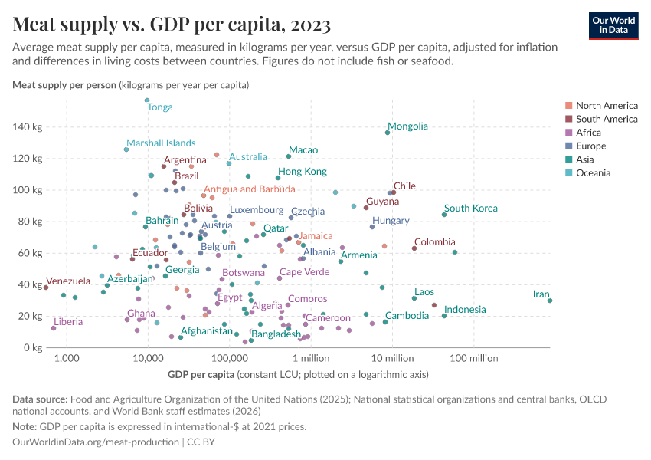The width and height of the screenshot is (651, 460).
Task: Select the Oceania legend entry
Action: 593,173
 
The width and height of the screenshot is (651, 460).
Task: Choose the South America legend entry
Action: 606,119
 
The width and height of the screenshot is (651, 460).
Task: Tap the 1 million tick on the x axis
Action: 310,359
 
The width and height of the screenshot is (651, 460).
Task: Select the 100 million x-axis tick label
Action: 473,359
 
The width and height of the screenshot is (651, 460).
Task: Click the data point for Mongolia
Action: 388,133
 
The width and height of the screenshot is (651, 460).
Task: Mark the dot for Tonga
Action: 147,100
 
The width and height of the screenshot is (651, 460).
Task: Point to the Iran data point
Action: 550,301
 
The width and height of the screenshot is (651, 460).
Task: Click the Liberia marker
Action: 54,328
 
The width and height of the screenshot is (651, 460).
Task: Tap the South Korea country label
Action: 470,209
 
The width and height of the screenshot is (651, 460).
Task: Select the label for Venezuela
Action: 68,281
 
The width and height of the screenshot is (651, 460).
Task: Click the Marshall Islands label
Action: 161,143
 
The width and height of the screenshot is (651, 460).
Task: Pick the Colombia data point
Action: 414,248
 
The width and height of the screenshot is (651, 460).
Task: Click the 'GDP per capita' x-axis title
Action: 200,375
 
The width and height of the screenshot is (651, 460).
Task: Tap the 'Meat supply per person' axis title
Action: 64,84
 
